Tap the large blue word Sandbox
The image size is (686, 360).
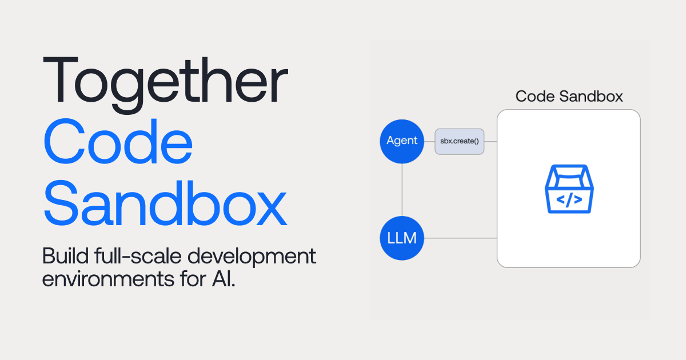point(165,203)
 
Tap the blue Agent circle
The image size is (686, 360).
point(402,141)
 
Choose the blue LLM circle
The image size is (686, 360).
point(402,238)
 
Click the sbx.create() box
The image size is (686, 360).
point(460,141)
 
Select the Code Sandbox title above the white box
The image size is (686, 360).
point(569,96)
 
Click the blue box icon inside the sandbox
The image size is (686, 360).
point(569,189)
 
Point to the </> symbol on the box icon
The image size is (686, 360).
point(569,199)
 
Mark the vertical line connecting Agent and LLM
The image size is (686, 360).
point(402,189)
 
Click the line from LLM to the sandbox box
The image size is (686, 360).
point(460,238)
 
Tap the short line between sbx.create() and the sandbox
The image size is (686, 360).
point(490,141)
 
